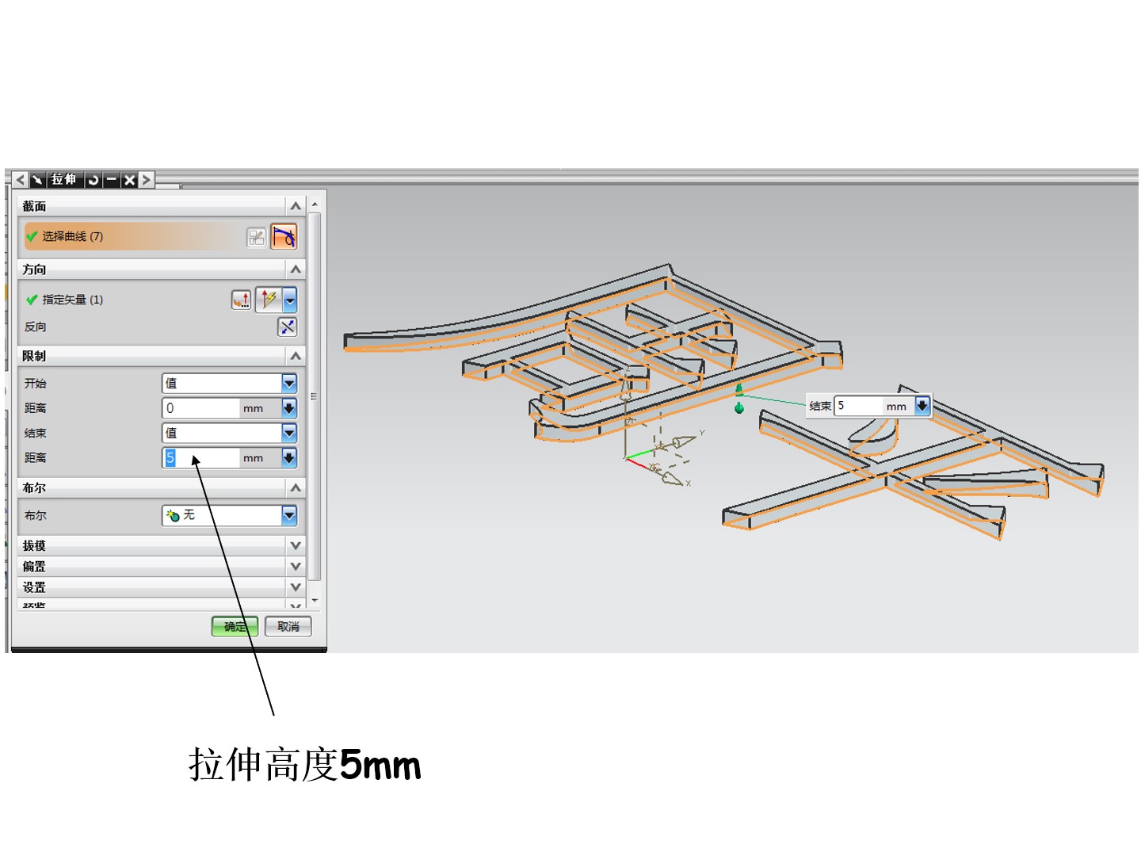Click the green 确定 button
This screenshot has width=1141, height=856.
[235, 627]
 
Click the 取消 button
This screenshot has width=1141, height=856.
[288, 627]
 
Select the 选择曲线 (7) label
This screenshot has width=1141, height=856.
[72, 236]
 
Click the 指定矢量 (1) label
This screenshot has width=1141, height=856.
[72, 300]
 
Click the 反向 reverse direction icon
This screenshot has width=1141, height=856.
[287, 327]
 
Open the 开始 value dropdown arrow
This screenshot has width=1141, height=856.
[289, 384]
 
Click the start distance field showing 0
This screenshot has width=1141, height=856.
[201, 408]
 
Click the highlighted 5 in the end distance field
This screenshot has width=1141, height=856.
[170, 458]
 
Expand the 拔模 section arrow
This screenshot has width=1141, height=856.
[296, 546]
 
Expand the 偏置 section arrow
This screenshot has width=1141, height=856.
[296, 567]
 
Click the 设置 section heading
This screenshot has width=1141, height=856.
[34, 587]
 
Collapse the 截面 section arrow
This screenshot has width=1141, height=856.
[296, 206]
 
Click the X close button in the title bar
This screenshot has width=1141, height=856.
[129, 180]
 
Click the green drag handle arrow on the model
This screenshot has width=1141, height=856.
[739, 389]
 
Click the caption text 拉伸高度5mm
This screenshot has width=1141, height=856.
[304, 766]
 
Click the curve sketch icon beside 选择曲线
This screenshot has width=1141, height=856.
[284, 237]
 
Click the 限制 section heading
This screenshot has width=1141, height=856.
[34, 356]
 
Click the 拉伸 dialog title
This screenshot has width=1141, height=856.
[63, 180]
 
